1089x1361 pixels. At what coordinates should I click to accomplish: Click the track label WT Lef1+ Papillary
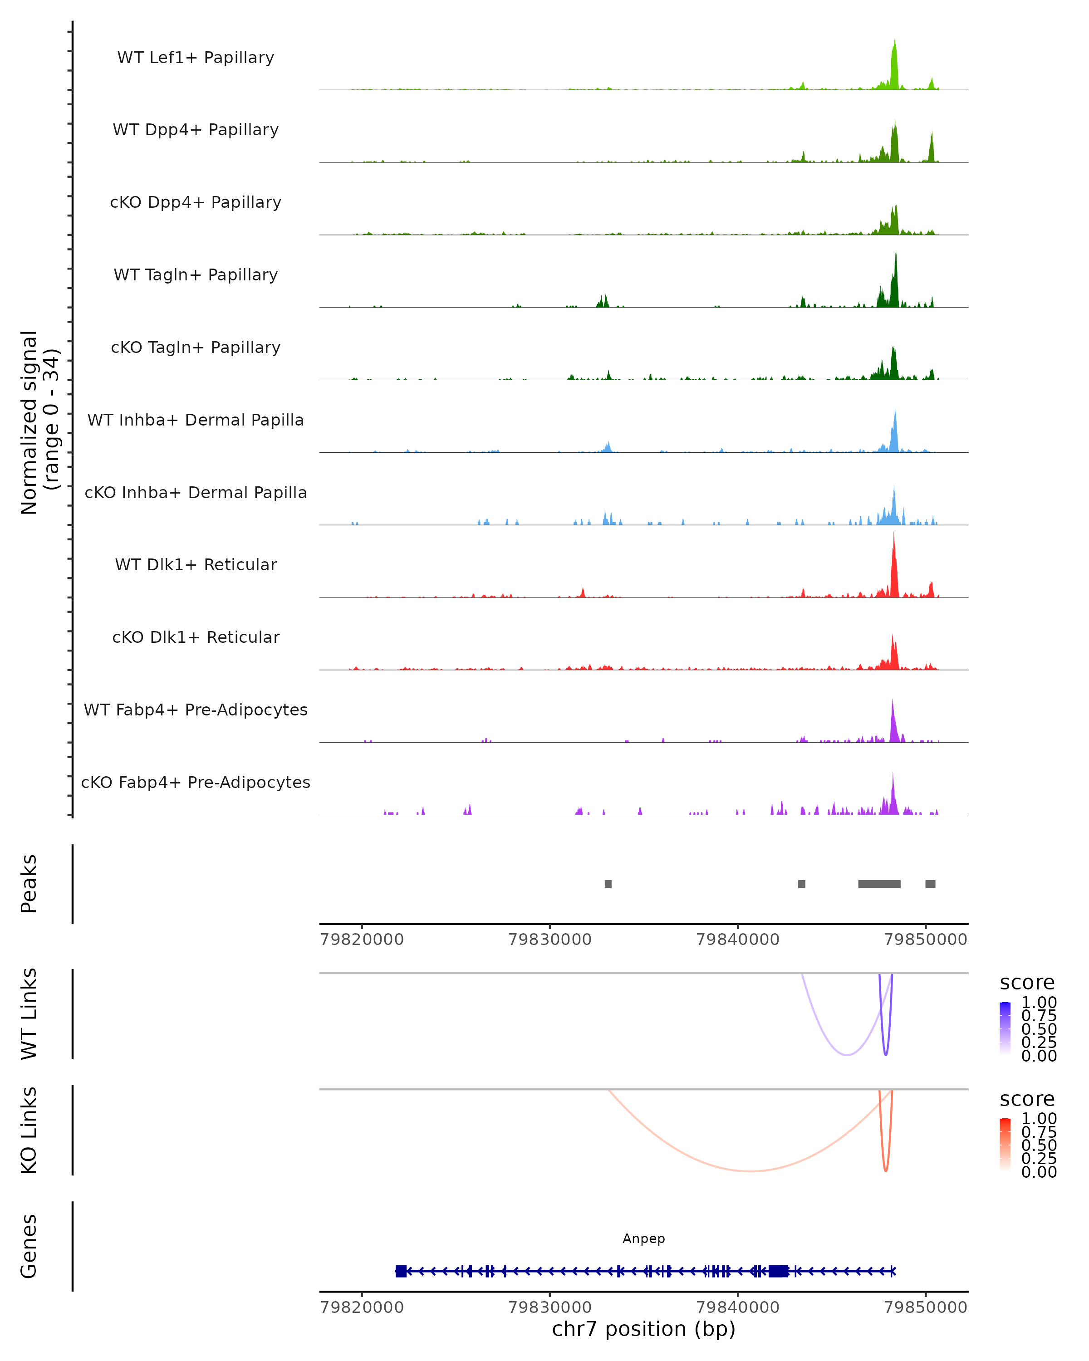point(196,58)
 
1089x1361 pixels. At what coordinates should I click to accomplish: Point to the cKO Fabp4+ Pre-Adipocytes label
point(196,782)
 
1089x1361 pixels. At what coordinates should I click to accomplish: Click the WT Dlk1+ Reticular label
point(196,564)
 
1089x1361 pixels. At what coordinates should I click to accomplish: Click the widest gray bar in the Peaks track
point(879,884)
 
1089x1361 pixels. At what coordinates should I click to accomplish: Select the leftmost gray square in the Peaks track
point(608,884)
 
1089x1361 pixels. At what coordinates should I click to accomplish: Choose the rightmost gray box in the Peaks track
point(930,884)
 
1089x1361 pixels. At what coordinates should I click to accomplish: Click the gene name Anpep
point(643,1239)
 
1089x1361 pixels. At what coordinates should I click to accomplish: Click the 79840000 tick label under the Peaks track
point(737,940)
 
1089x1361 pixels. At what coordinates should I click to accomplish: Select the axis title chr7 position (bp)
point(643,1329)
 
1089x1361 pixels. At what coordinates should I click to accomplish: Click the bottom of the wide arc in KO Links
point(749,1171)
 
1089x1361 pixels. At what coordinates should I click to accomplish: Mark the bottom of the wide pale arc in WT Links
point(847,1055)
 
